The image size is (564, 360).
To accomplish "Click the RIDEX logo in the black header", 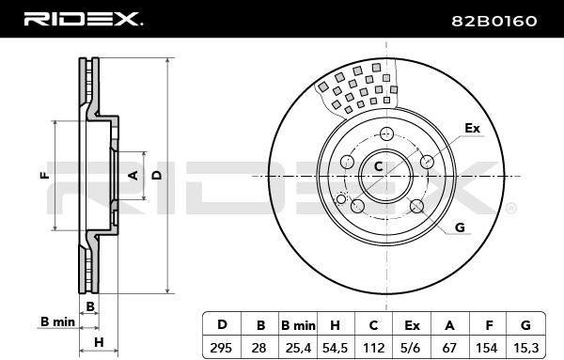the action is pyautogui.click(x=83, y=19).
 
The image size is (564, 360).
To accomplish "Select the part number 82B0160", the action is pyautogui.click(x=494, y=21).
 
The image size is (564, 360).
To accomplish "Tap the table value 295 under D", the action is pyautogui.click(x=221, y=348).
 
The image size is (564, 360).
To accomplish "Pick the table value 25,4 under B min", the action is pyautogui.click(x=298, y=348).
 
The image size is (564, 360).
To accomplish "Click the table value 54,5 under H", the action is pyautogui.click(x=335, y=348).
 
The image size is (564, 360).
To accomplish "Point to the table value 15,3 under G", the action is pyautogui.click(x=525, y=348).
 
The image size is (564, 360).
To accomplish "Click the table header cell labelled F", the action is pyautogui.click(x=489, y=325).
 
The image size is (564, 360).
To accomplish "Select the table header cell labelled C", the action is pyautogui.click(x=373, y=325).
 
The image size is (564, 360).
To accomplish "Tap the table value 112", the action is pyautogui.click(x=374, y=348).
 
